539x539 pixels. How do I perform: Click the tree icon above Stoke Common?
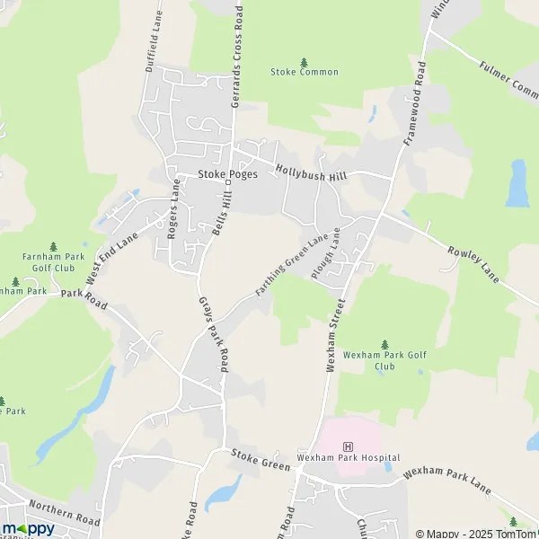304,61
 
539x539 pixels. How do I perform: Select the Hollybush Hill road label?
312,171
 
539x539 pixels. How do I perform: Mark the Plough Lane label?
326,255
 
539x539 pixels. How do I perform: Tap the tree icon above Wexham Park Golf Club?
385,344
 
